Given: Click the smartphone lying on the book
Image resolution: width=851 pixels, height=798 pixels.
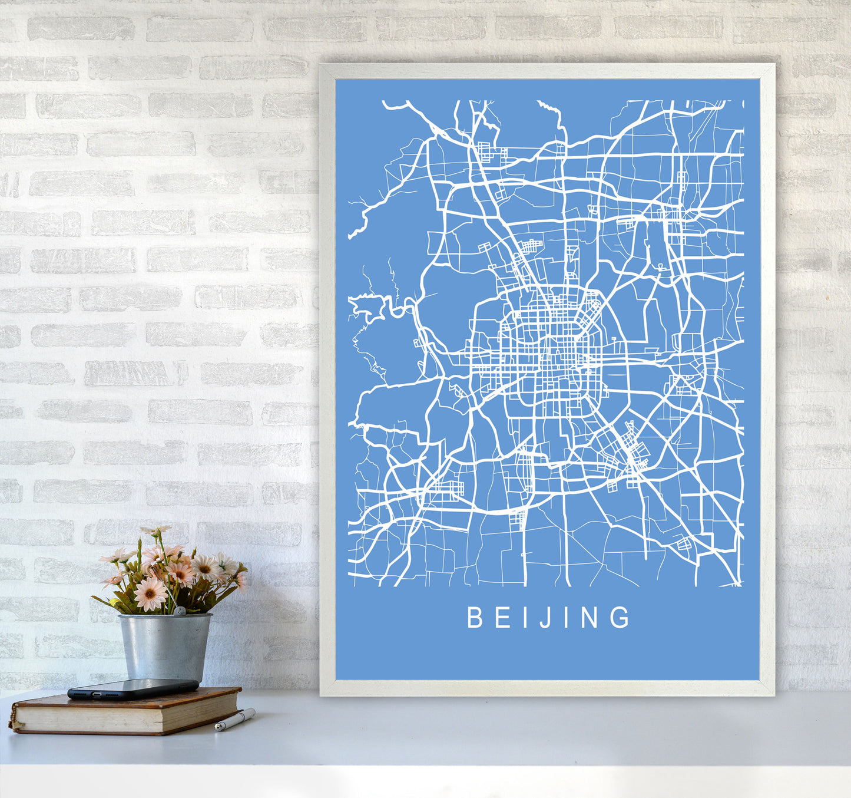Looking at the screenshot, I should (x=133, y=688).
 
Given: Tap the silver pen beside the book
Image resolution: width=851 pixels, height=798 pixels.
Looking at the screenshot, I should (x=234, y=720).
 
